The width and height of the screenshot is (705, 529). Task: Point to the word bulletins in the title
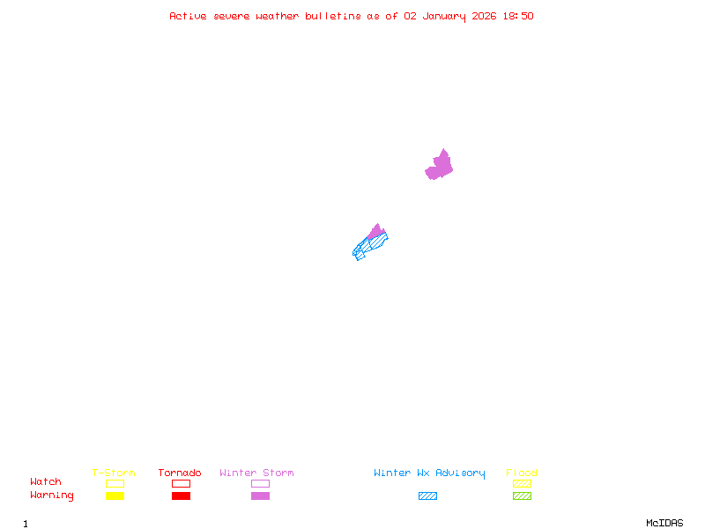(333, 16)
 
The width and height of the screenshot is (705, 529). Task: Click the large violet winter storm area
(440, 166)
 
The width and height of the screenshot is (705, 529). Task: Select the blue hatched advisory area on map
(368, 244)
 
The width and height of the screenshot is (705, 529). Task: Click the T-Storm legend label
(114, 473)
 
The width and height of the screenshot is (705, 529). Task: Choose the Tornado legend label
(180, 473)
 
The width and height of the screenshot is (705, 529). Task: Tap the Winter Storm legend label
(256, 473)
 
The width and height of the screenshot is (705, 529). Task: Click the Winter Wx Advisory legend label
(429, 473)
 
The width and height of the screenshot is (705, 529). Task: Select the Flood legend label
(522, 473)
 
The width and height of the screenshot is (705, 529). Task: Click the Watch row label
(46, 482)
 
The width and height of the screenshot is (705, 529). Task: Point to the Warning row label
(52, 495)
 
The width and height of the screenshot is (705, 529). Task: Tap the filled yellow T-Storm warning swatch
(115, 496)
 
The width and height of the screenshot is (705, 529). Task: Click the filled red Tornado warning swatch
(181, 496)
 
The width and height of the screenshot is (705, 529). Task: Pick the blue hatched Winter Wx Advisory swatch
(427, 496)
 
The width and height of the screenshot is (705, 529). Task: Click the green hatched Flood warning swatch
(522, 496)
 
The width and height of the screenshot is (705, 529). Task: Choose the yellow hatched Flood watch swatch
(522, 483)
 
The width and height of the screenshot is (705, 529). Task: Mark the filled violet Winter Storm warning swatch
(260, 496)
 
